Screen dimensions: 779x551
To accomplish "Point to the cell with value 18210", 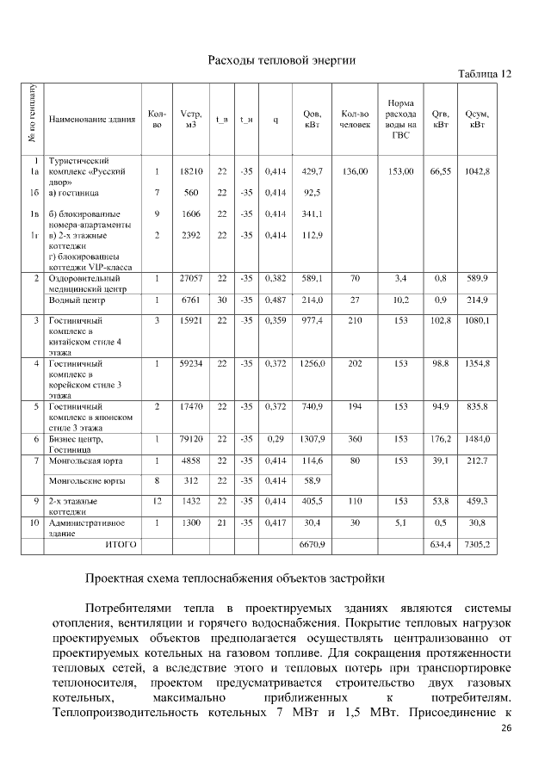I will click(191, 172).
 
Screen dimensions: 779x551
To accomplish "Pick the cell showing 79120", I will click(191, 440).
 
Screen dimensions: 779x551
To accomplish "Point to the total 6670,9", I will click(313, 544).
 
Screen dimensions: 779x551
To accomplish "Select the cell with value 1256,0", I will click(313, 365).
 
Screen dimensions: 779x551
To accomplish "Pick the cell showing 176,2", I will click(441, 440).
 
